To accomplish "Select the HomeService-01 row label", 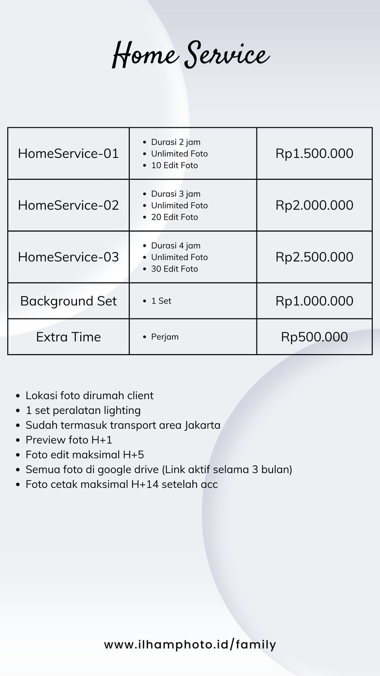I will pos(68,154).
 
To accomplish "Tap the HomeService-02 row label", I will pos(68,205).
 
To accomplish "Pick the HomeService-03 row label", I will pos(68,257).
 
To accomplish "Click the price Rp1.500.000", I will pos(314,154).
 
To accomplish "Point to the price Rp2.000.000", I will pos(314,205).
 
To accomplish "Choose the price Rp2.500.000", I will pos(314,257).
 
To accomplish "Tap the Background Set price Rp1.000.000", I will pos(314,301).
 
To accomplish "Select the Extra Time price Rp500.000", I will pos(314,337).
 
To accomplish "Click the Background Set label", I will pos(68,301).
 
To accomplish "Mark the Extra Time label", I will pos(68,337).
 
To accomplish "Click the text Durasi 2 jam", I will pos(176,142).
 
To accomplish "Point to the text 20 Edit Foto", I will pos(174,217).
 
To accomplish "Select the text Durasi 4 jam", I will pos(176,246).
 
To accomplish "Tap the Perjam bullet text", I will pos(165,337).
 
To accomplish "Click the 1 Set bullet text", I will pos(161,301).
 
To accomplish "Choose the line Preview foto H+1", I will pos(69,440).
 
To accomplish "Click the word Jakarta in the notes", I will pos(202,425).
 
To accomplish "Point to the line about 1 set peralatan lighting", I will pos(83,410).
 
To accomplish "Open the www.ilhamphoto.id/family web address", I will pos(190,645).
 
